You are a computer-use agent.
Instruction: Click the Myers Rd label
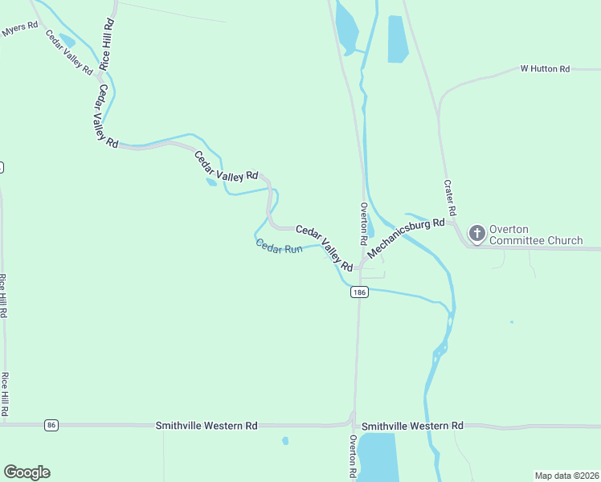(19, 28)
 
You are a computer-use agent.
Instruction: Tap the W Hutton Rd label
(545, 69)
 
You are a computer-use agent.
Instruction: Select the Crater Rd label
(451, 198)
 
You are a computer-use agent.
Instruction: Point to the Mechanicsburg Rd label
(406, 239)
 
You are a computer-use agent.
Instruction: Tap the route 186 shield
(359, 293)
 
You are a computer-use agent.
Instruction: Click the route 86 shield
(52, 424)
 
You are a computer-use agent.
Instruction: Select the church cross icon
(477, 234)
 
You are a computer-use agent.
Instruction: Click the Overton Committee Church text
(535, 235)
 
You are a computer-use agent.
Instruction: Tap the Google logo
(27, 472)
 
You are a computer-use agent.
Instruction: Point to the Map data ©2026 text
(566, 476)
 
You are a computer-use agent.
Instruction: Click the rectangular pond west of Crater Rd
(398, 39)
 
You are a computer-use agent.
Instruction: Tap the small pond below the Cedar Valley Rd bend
(211, 182)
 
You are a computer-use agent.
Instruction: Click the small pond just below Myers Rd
(67, 40)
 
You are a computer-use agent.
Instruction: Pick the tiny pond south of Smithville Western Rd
(285, 440)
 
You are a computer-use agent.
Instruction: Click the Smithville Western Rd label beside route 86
(206, 424)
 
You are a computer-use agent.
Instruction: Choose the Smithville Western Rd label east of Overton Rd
(412, 425)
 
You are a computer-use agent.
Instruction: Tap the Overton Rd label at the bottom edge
(353, 458)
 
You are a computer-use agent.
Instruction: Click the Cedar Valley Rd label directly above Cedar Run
(324, 247)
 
